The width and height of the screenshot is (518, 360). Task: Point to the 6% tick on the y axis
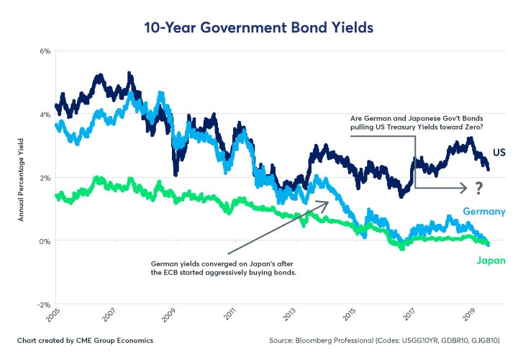(x=45, y=51)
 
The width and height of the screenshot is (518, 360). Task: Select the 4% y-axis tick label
(x=45, y=114)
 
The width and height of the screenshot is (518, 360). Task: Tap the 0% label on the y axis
(x=45, y=241)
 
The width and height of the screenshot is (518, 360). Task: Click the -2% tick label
(x=43, y=305)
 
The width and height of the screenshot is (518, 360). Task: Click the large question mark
(x=477, y=189)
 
